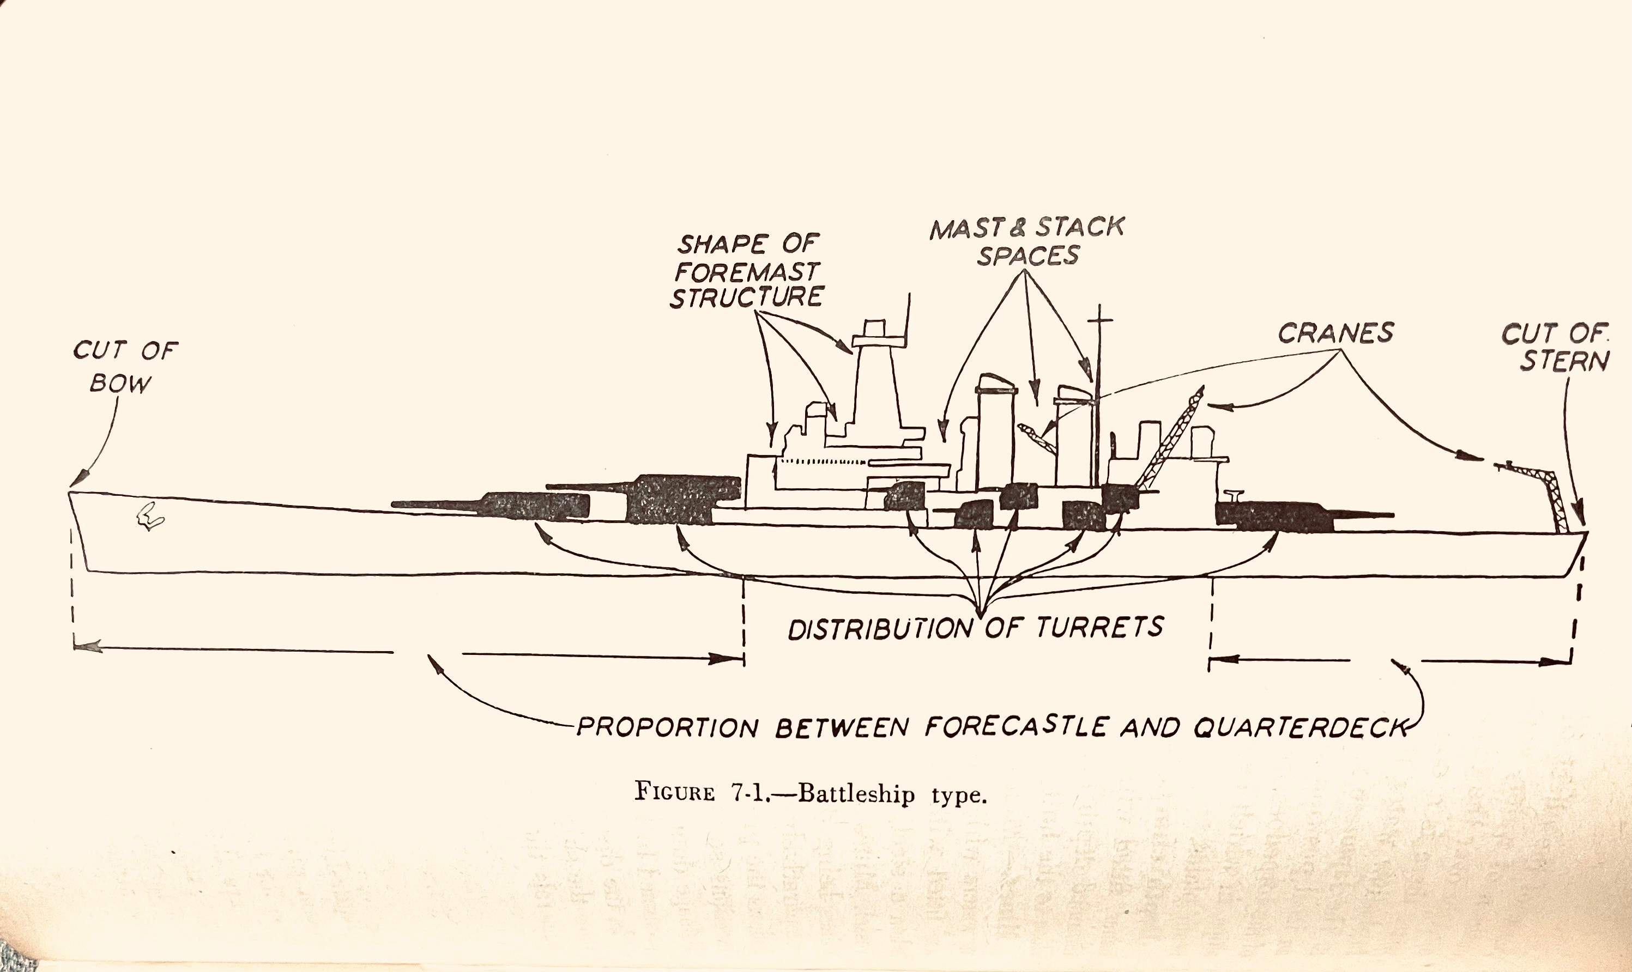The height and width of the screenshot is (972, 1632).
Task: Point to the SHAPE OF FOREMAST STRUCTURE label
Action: pyautogui.click(x=747, y=271)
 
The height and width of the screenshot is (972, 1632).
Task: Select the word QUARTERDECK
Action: pyautogui.click(x=1301, y=727)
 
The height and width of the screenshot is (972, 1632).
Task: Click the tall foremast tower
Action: pyautogui.click(x=875, y=386)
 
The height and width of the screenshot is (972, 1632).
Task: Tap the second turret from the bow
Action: pyautogui.click(x=681, y=499)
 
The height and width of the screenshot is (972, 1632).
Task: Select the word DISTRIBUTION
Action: pyautogui.click(x=882, y=629)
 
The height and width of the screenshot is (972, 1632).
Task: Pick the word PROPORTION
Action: pyautogui.click(x=668, y=727)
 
